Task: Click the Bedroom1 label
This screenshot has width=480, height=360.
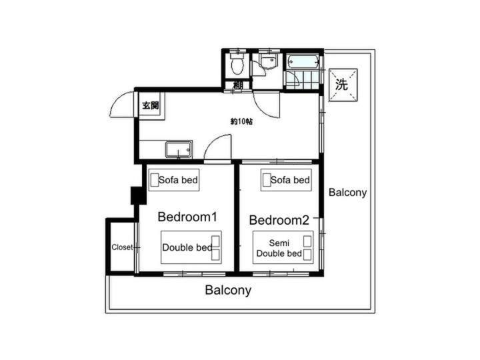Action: (x=187, y=217)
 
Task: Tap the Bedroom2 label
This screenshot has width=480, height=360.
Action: (x=279, y=220)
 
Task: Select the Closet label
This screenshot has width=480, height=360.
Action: (x=122, y=247)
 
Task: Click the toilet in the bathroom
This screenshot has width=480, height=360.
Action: (x=237, y=65)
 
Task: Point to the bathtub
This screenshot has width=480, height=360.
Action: (x=303, y=62)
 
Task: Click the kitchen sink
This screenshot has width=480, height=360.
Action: (x=179, y=149)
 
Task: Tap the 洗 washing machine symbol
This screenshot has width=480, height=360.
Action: (x=343, y=85)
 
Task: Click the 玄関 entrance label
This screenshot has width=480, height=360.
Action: (x=151, y=105)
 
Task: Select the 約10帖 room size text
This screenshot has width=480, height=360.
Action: (x=241, y=121)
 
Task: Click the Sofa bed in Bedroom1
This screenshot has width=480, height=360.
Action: (x=174, y=180)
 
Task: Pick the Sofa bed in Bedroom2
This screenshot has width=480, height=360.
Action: (x=286, y=180)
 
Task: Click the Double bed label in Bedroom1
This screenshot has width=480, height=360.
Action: (x=187, y=247)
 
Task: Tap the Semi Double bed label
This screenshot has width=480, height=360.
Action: (x=279, y=248)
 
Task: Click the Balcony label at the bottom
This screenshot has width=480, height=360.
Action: (x=228, y=289)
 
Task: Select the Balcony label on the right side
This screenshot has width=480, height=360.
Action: (x=347, y=192)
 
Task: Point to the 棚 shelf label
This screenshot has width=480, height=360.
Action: (x=238, y=85)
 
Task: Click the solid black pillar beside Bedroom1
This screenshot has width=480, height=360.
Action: (x=139, y=195)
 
